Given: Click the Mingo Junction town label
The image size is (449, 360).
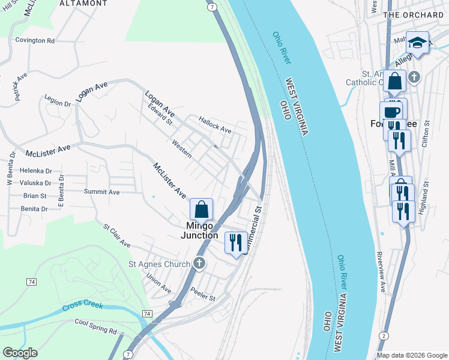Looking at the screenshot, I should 199,230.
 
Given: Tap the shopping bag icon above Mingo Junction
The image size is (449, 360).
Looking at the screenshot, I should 202,209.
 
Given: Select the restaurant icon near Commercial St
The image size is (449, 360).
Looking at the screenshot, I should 235,242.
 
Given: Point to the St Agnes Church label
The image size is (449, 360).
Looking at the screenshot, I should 159,263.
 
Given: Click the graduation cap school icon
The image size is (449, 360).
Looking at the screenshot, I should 417,43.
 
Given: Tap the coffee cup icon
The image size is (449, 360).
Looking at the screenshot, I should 391,112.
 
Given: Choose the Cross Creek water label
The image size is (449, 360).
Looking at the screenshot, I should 83,307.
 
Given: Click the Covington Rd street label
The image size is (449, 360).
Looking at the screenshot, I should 35,40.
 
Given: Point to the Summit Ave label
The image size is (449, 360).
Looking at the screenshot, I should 102,192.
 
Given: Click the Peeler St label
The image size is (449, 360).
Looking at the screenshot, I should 203,297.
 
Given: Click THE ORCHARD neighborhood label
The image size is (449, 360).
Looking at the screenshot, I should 413,14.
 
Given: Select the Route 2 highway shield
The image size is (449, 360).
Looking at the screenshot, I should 383,335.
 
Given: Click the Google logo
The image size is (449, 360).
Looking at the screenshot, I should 20,353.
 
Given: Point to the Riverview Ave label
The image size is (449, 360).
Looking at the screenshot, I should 381,271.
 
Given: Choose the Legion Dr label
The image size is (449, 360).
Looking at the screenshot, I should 58,103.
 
